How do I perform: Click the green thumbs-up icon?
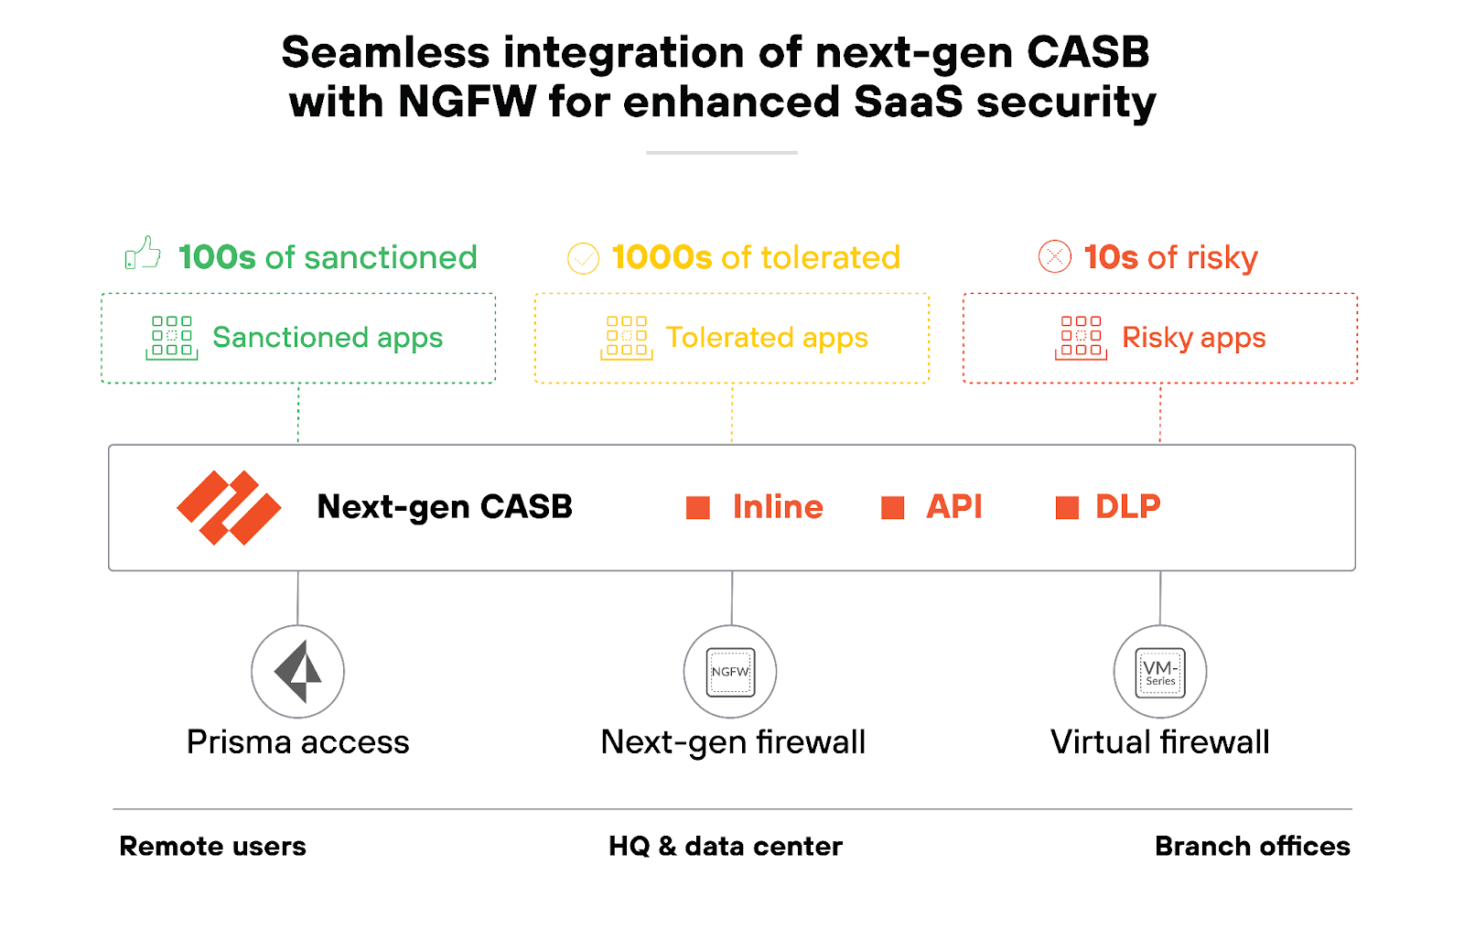143,254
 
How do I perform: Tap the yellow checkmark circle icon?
583,258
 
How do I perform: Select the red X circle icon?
1054,256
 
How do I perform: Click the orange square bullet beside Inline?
698,508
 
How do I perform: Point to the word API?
953,506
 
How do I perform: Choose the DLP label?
1127,506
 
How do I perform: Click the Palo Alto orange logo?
229,508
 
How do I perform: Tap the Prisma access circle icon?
297,672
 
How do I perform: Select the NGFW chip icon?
730,672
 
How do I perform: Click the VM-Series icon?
1159,672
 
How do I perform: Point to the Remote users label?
212,846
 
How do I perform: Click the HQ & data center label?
725,846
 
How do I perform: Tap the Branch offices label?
1252,846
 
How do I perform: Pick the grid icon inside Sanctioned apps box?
172,337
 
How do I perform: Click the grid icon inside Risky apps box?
1081,337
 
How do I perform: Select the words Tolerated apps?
767,338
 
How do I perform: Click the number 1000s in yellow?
661,257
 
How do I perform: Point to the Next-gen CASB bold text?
445,506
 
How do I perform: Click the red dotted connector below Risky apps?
1160,414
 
